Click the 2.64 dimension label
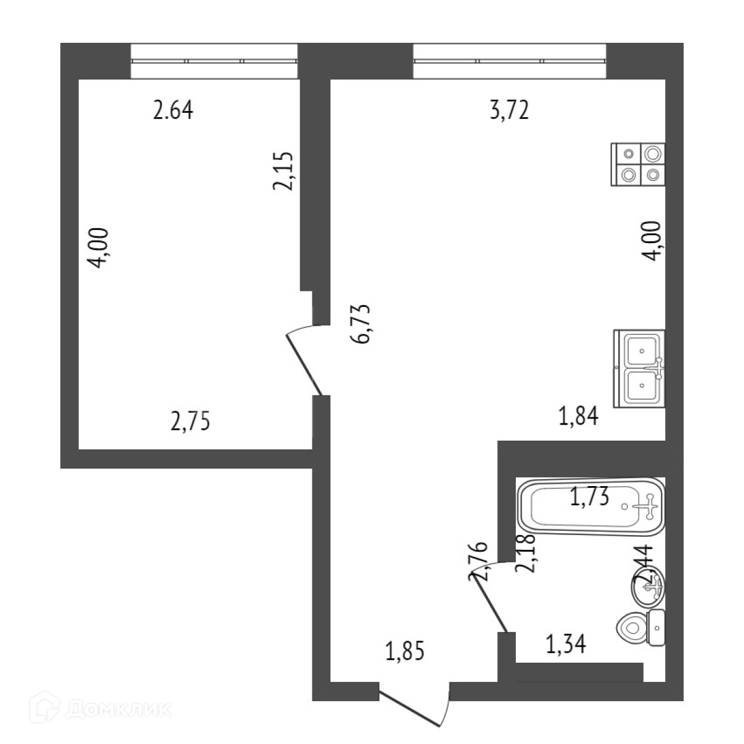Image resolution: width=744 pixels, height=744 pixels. [x=173, y=111]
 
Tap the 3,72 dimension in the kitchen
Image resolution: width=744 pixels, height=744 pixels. [x=509, y=111]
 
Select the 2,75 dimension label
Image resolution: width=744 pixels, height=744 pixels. [x=190, y=421]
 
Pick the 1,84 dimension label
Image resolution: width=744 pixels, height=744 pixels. [x=578, y=417]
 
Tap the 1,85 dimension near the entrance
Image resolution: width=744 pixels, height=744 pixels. [x=405, y=652]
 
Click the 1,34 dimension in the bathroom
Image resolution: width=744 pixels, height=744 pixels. [x=565, y=645]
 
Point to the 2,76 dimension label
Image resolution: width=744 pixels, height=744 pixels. [x=479, y=561]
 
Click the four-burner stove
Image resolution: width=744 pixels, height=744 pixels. [x=639, y=164]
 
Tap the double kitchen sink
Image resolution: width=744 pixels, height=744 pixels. [x=640, y=369]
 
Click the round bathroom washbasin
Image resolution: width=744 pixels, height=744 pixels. [x=649, y=586]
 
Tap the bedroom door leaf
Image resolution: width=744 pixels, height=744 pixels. [x=305, y=366]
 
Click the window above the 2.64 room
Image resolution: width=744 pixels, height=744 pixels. [x=215, y=61]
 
